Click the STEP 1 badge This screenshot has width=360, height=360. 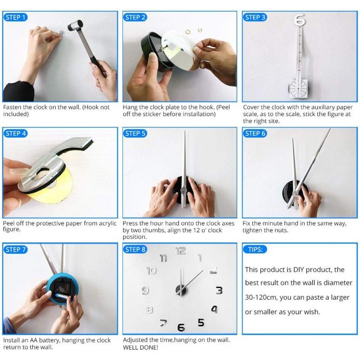[x=15, y=18]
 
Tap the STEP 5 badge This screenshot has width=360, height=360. [x=135, y=133]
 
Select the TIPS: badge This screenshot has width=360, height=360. [x=255, y=249]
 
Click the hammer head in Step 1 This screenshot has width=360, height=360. [x=75, y=25]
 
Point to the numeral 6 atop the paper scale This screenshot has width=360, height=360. [x=299, y=19]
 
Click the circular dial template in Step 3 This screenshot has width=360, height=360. [x=298, y=88]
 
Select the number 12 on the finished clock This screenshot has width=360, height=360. [x=181, y=251]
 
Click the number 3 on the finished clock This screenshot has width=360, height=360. [x=219, y=290]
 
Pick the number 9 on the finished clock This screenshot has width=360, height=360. [x=145, y=291]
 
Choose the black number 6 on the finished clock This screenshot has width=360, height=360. [x=181, y=327]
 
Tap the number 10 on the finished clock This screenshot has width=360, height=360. [x=152, y=270]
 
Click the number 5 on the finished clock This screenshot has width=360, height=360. [x=201, y=323]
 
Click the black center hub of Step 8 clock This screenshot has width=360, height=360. [x=181, y=290]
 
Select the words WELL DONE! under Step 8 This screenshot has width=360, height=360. [x=140, y=347]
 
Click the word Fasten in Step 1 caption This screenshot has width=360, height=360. [x=12, y=107]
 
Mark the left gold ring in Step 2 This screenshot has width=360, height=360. [x=188, y=31]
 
